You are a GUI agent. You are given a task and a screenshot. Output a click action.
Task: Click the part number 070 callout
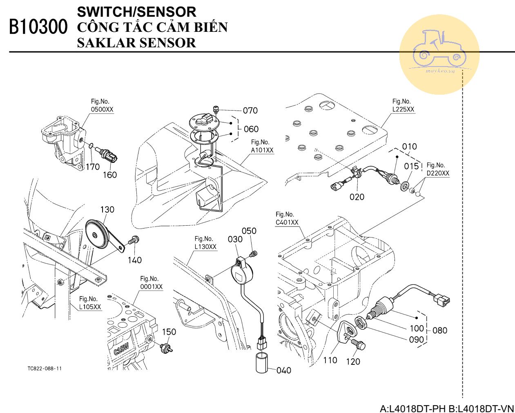pyautogui.click(x=250, y=110)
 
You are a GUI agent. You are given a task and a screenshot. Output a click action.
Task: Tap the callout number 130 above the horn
pyautogui.click(x=107, y=209)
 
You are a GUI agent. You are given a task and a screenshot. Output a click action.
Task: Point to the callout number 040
pyautogui.click(x=284, y=370)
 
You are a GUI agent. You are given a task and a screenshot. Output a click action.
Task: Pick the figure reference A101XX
pyautogui.click(x=262, y=150)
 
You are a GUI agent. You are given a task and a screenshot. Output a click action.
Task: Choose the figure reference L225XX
pyautogui.click(x=403, y=109)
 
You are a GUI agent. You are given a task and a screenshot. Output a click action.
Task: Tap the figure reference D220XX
pyautogui.click(x=437, y=173)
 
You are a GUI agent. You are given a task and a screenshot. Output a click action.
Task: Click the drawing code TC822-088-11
pyautogui.click(x=45, y=369)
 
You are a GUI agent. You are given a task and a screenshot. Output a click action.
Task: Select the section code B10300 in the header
pyautogui.click(x=38, y=27)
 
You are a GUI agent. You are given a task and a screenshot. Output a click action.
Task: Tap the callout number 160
pyautogui.click(x=109, y=175)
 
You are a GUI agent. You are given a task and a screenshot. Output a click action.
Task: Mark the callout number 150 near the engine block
pyautogui.click(x=169, y=331)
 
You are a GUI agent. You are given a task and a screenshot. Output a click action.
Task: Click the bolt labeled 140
pyautogui.click(x=133, y=240)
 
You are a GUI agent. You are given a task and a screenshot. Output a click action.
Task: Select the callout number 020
pyautogui.click(x=357, y=197)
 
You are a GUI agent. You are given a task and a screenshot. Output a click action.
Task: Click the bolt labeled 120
pyautogui.click(x=359, y=344)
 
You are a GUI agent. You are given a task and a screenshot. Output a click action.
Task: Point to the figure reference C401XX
pyautogui.click(x=287, y=222)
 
